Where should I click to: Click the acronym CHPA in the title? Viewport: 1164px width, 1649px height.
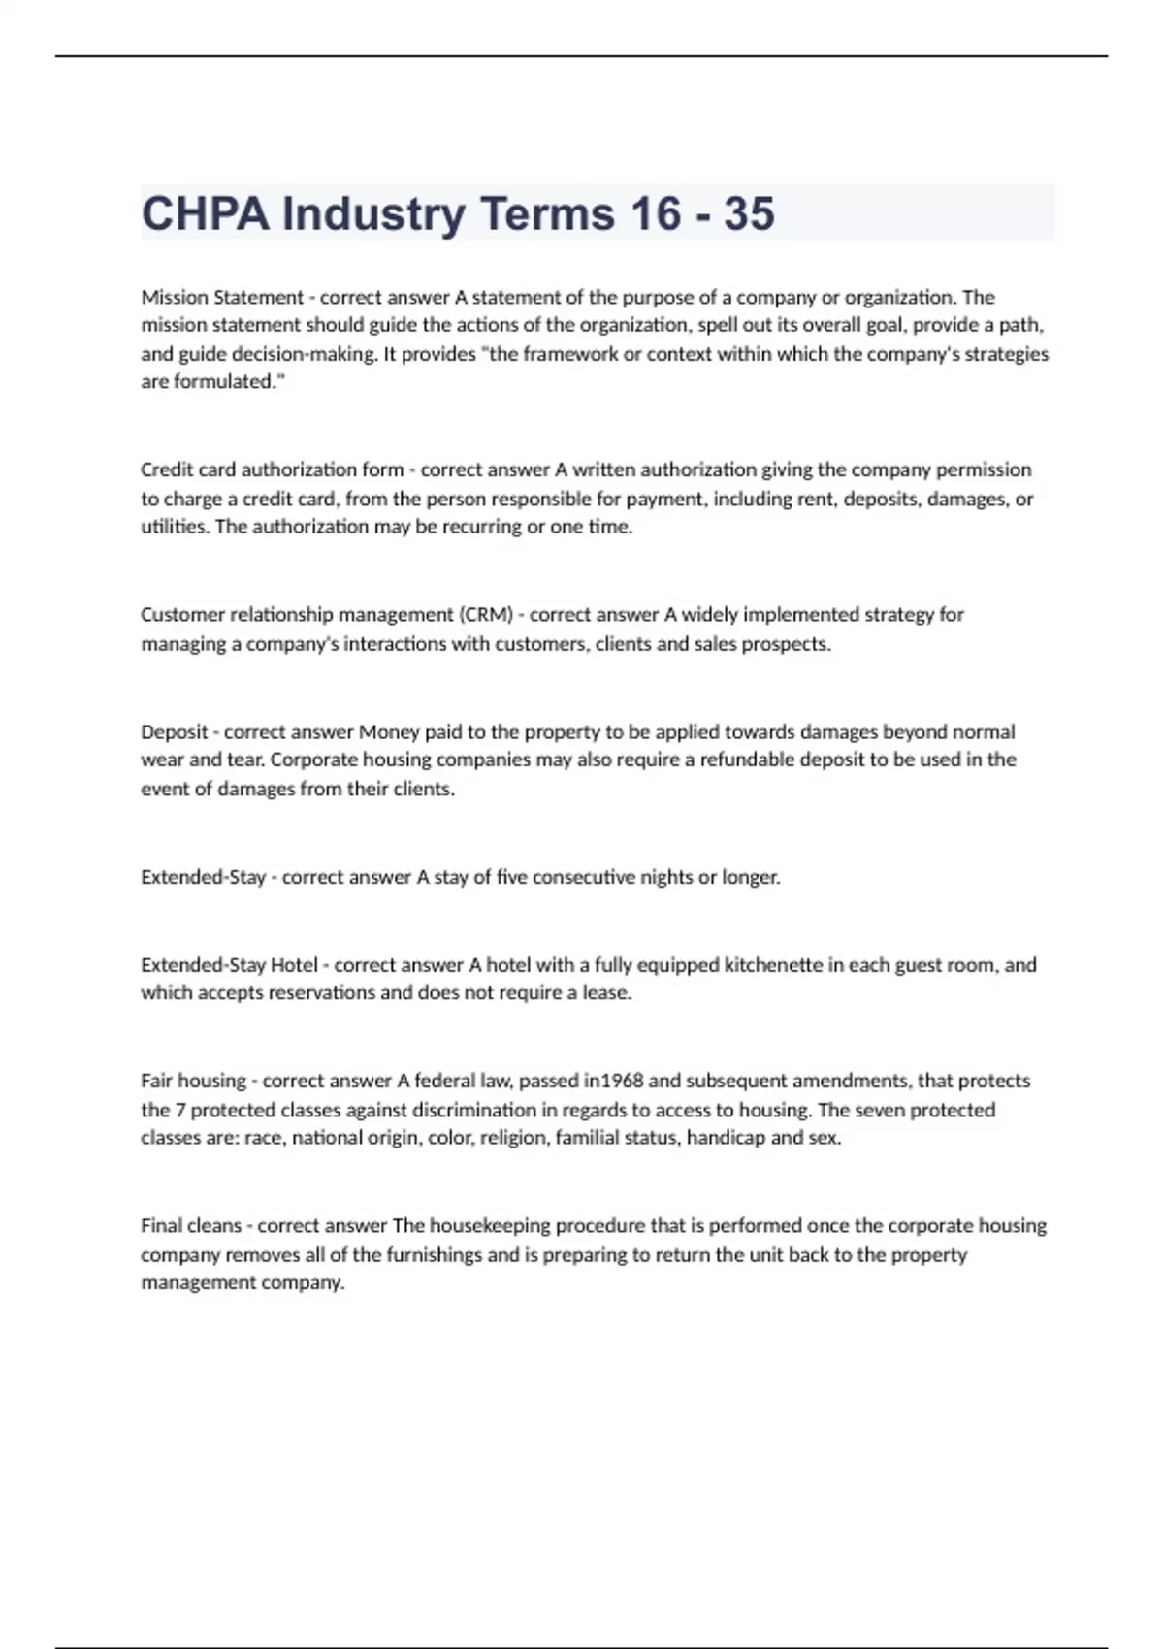pyautogui.click(x=206, y=213)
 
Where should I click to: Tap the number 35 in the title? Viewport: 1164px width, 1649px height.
pyautogui.click(x=749, y=213)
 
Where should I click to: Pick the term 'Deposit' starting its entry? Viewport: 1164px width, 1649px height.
pyautogui.click(x=174, y=732)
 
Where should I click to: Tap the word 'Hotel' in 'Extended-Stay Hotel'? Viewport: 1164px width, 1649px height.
pyautogui.click(x=293, y=965)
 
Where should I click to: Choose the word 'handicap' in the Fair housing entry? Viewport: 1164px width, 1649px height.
pyautogui.click(x=726, y=1138)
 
